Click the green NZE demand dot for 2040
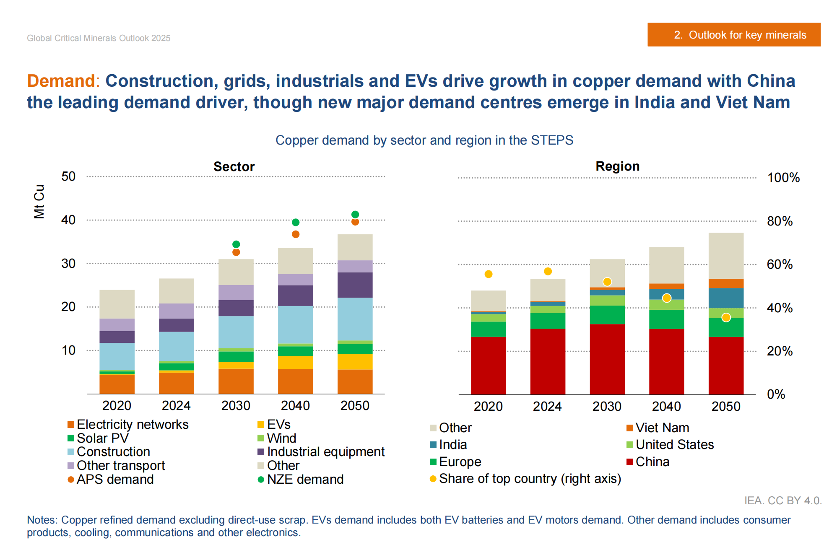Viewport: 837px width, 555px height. (x=296, y=222)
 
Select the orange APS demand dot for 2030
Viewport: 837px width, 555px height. (x=236, y=252)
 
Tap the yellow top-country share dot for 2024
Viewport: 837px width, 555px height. (x=548, y=271)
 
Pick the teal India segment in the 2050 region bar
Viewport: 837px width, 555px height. (x=726, y=298)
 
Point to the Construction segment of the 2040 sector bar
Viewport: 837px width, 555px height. (x=296, y=324)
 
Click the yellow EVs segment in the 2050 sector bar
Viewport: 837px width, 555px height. (x=355, y=362)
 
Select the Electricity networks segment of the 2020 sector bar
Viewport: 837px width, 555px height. (x=117, y=384)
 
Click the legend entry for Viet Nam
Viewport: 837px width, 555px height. (x=662, y=428)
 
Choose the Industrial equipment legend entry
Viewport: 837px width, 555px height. (x=325, y=451)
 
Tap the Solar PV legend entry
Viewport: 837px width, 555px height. (x=102, y=438)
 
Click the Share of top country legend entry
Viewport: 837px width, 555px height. (x=530, y=478)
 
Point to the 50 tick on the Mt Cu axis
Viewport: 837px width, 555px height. (x=68, y=176)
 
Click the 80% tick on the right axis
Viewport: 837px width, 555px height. (x=780, y=221)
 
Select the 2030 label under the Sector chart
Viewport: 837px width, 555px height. (x=236, y=405)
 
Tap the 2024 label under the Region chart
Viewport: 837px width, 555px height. (x=547, y=406)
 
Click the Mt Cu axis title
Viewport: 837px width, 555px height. (x=39, y=201)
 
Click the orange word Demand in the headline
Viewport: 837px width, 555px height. (x=61, y=81)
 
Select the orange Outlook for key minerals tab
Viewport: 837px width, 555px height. (x=734, y=35)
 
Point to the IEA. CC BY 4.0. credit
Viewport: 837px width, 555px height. (x=782, y=501)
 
